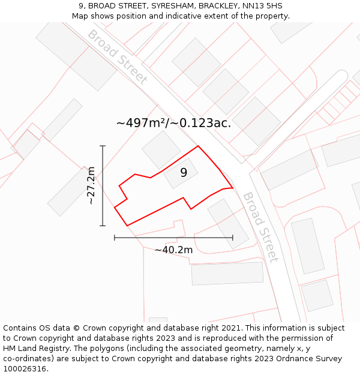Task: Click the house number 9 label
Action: pos(184,173)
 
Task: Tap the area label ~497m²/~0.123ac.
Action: pos(173,123)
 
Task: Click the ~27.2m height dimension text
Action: pos(91,186)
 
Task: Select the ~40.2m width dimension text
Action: pos(173,250)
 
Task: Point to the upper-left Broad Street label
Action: pos(118,56)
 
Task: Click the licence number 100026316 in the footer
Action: pos(24,369)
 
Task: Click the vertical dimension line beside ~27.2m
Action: pos(103,186)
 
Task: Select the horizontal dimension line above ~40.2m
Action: pos(173,238)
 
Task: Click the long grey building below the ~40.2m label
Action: pos(227,273)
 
